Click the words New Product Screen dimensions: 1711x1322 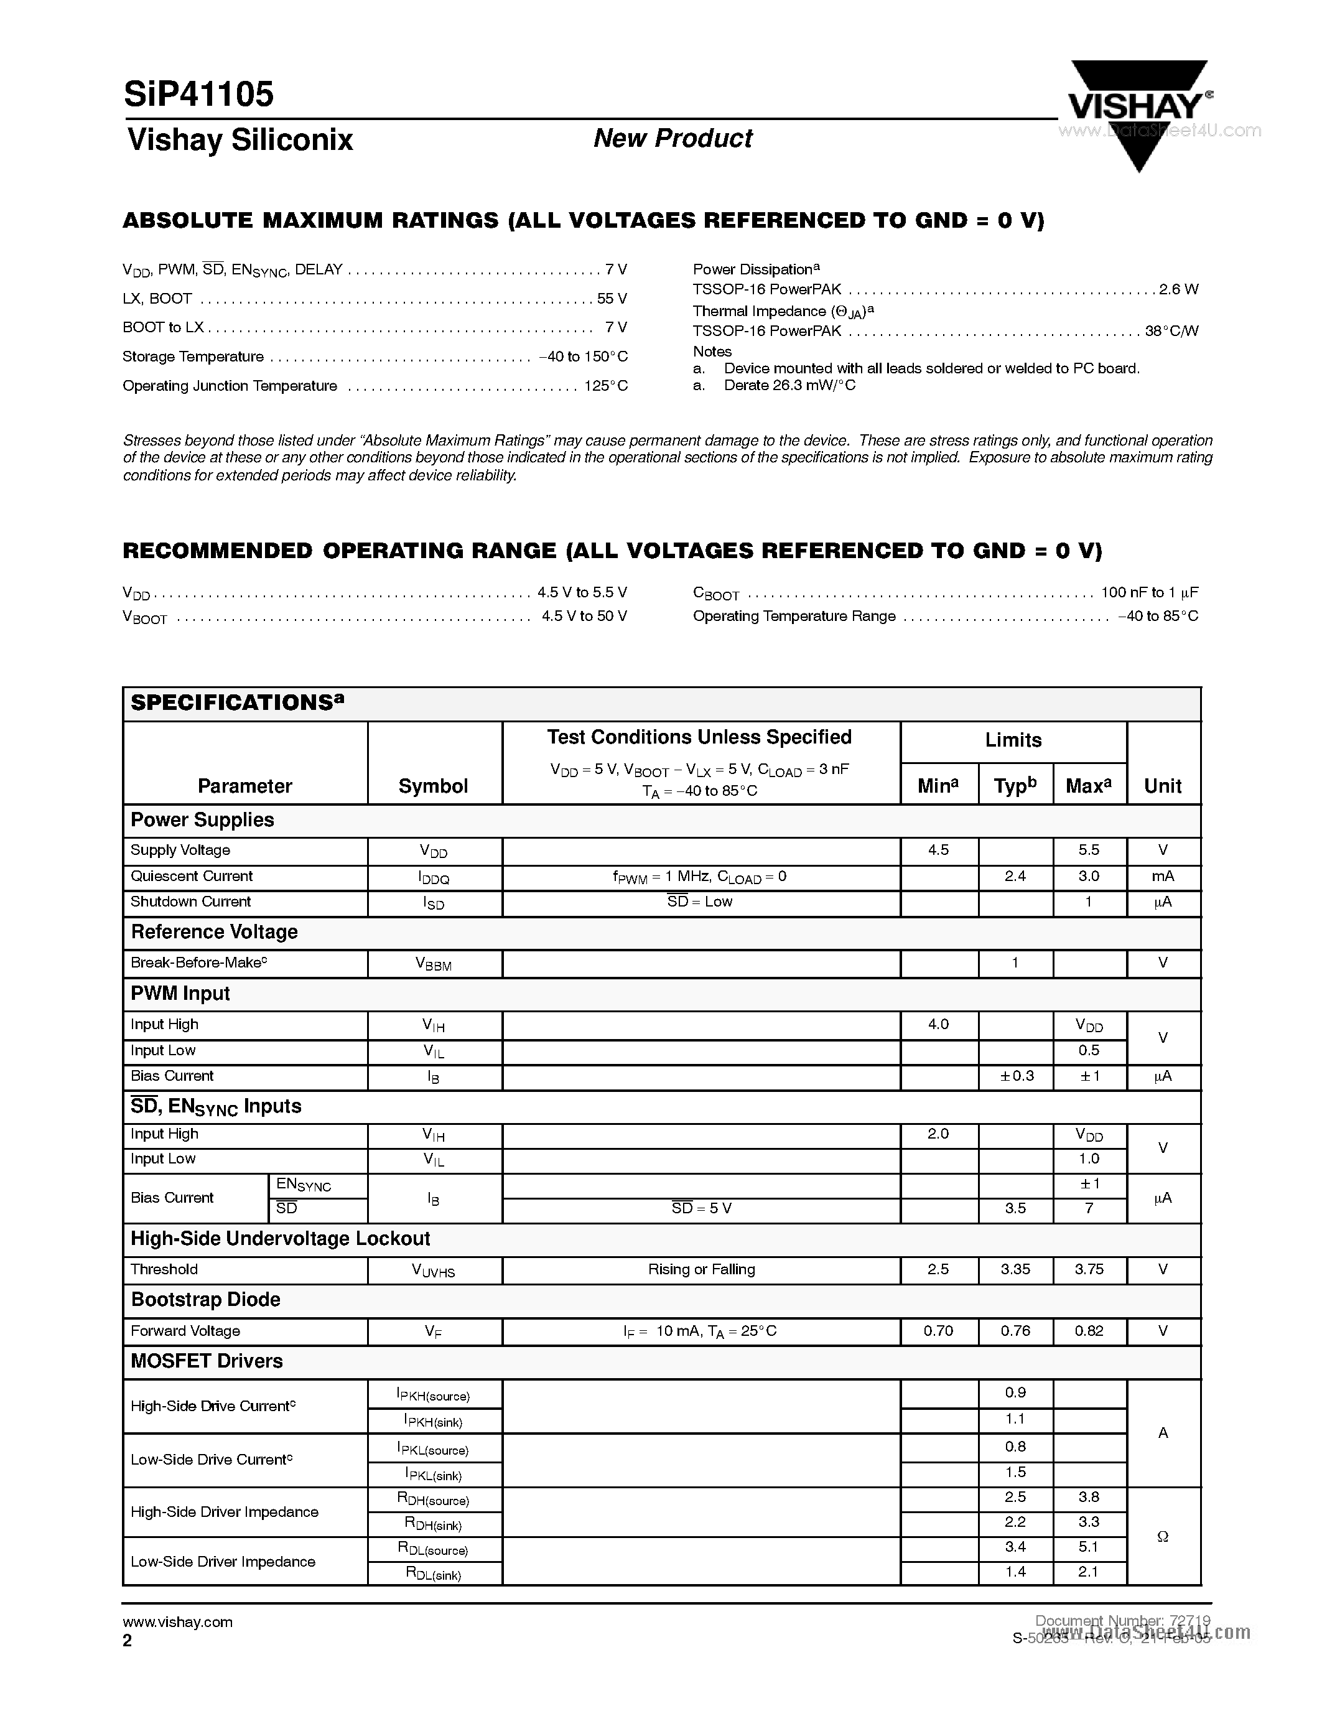tap(672, 139)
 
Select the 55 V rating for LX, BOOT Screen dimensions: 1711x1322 tap(612, 299)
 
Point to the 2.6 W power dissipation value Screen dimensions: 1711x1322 tap(1179, 289)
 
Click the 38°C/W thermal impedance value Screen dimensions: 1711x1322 tap(1171, 330)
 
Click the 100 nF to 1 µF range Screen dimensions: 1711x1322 tap(1149, 592)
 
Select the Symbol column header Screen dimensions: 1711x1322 tap(433, 786)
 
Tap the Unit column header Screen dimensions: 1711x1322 tap(1162, 786)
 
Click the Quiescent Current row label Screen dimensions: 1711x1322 tap(191, 876)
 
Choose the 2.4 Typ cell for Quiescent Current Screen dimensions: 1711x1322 tap(1015, 876)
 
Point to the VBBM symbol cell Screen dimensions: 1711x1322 tap(433, 964)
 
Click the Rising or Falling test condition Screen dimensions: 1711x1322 tap(701, 1269)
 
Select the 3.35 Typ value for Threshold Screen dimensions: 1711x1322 tap(1015, 1269)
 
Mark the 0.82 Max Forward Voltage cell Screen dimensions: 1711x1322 tap(1089, 1330)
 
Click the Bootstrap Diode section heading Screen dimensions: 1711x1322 tap(205, 1300)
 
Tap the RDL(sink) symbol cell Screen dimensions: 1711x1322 tap(433, 1573)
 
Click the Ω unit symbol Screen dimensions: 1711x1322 tap(1162, 1536)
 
